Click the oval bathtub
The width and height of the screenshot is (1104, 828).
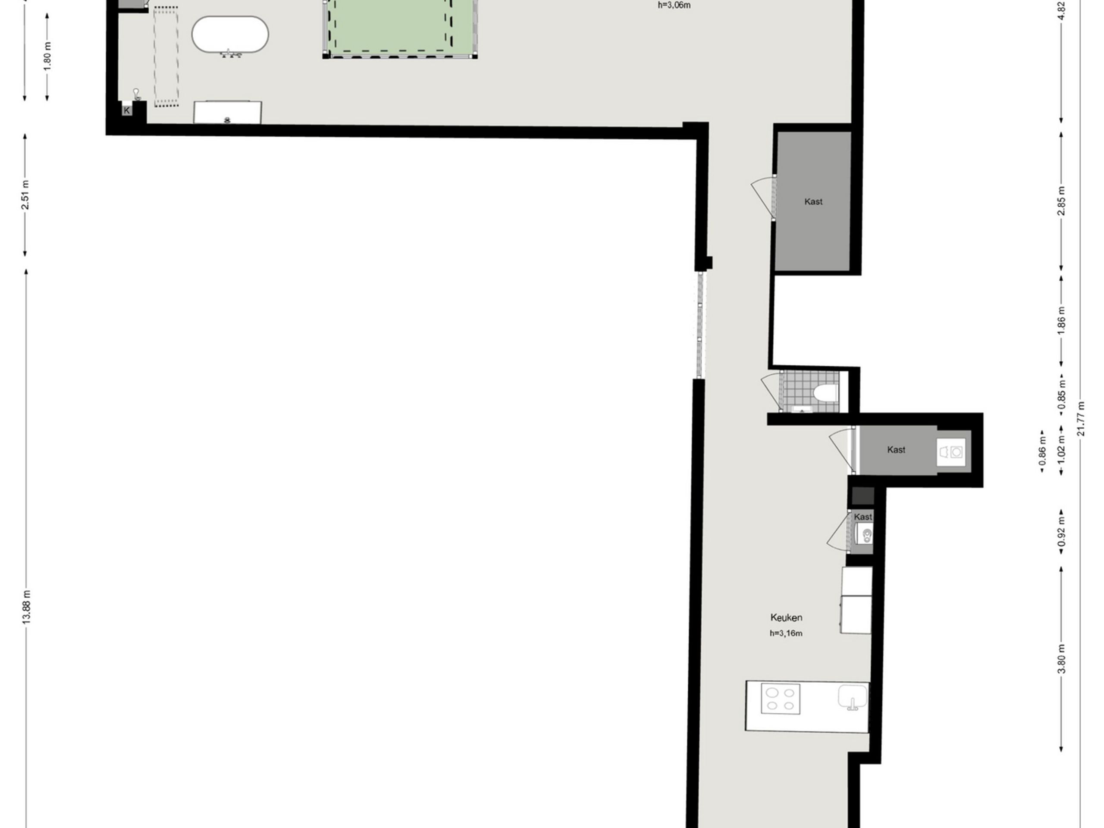[x=230, y=35]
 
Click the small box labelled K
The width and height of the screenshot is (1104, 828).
[x=127, y=110]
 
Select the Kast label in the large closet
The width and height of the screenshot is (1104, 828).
[x=813, y=202]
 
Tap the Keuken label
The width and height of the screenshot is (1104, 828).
[x=786, y=618]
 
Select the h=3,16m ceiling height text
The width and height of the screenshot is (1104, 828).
[x=786, y=634]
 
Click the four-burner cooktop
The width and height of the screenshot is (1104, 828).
[x=781, y=699]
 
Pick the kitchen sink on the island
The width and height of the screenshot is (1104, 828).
[x=853, y=697]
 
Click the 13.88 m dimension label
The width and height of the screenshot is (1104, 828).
[x=26, y=606]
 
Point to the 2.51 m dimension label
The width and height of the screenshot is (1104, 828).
[x=25, y=194]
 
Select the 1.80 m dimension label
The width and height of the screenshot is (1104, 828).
[x=47, y=55]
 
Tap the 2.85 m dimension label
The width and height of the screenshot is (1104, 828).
[x=1061, y=201]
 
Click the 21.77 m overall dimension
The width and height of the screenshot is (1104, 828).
[x=1081, y=418]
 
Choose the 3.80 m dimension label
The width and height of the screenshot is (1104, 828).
[x=1061, y=659]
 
